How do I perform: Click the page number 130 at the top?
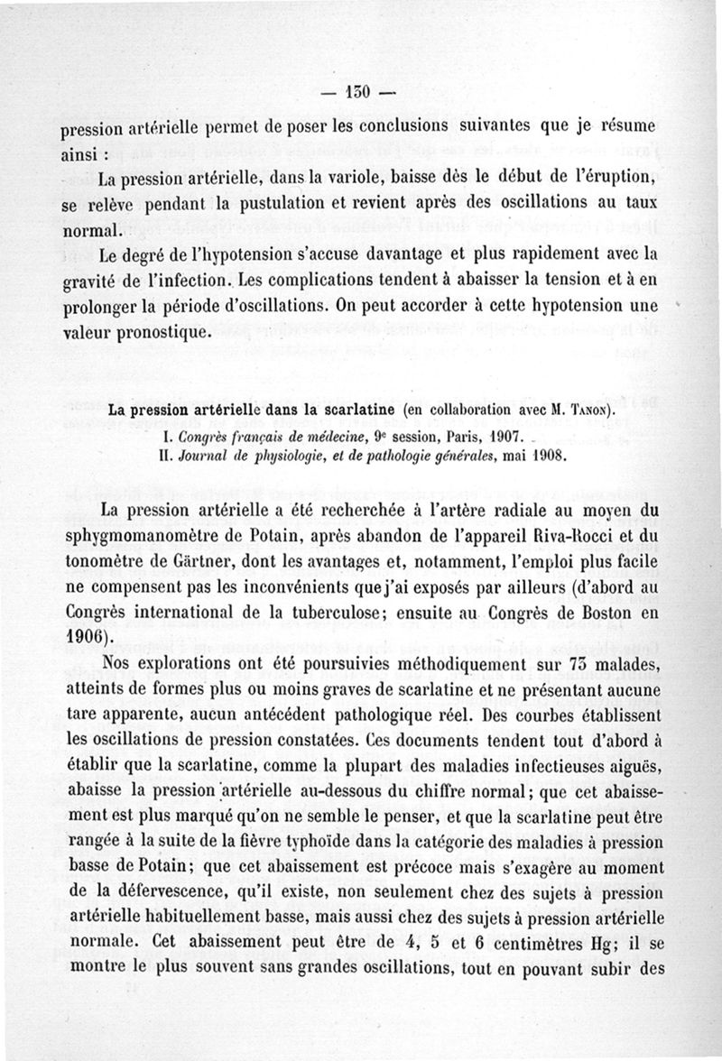point(359,93)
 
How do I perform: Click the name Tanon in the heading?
point(590,411)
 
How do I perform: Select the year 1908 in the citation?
point(546,457)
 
